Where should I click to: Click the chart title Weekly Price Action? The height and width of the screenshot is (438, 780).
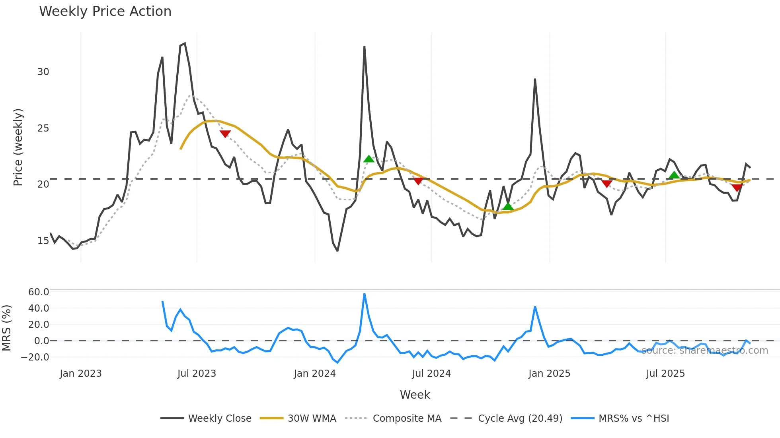[105, 12]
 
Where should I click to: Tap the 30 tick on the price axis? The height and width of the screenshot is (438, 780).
[43, 72]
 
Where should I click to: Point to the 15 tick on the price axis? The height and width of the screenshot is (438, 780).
[43, 241]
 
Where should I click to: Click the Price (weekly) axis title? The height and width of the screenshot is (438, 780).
[18, 147]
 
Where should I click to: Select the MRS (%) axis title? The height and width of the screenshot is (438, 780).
[6, 328]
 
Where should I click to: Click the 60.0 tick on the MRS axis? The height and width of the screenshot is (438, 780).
[39, 292]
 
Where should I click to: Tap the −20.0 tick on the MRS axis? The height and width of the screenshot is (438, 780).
[35, 357]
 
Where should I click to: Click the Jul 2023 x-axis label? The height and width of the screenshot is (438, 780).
[197, 374]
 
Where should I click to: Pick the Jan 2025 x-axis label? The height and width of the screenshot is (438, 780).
[549, 374]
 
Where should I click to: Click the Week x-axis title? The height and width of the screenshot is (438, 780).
[415, 395]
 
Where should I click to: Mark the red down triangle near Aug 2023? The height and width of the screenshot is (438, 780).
[225, 134]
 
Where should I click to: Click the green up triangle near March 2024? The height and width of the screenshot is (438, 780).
[369, 159]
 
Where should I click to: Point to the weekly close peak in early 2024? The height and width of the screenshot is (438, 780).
[364, 47]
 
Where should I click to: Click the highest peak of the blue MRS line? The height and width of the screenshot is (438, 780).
[364, 294]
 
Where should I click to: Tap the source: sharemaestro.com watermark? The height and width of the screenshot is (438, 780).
[704, 351]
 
